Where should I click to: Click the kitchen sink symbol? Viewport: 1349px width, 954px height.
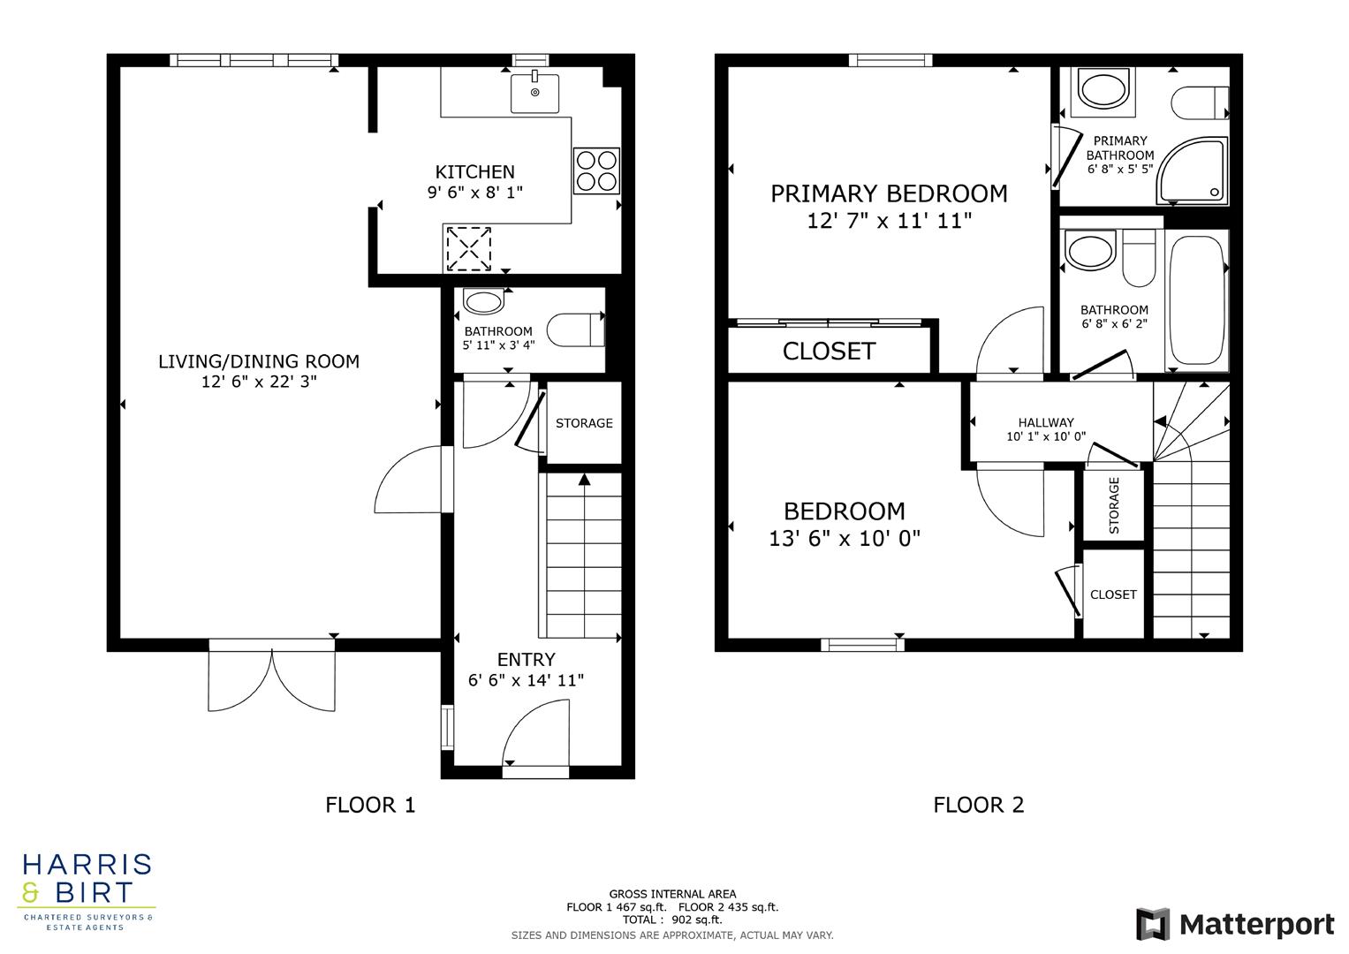534,93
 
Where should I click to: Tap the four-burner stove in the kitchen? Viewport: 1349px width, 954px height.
596,170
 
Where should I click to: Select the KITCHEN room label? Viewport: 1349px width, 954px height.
474,172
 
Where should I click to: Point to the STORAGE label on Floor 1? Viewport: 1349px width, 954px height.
584,423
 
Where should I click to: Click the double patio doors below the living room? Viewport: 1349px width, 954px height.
272,678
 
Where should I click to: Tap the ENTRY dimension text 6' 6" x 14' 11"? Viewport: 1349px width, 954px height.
526,680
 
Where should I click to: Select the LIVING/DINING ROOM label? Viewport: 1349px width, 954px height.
259,361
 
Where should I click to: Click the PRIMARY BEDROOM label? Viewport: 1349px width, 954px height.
889,193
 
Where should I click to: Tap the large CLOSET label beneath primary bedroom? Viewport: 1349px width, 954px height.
829,352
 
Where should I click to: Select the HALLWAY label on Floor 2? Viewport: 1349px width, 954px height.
1046,422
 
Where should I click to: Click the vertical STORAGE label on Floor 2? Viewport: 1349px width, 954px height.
1114,505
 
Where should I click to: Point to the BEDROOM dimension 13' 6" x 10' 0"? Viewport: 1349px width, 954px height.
845,538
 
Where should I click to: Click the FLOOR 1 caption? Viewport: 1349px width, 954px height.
370,805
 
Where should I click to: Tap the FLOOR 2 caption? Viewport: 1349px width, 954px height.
979,805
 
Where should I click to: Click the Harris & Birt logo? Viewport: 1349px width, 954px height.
87,890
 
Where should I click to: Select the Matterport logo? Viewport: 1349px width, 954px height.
1235,925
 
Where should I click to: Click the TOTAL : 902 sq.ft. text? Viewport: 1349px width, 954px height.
672,920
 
